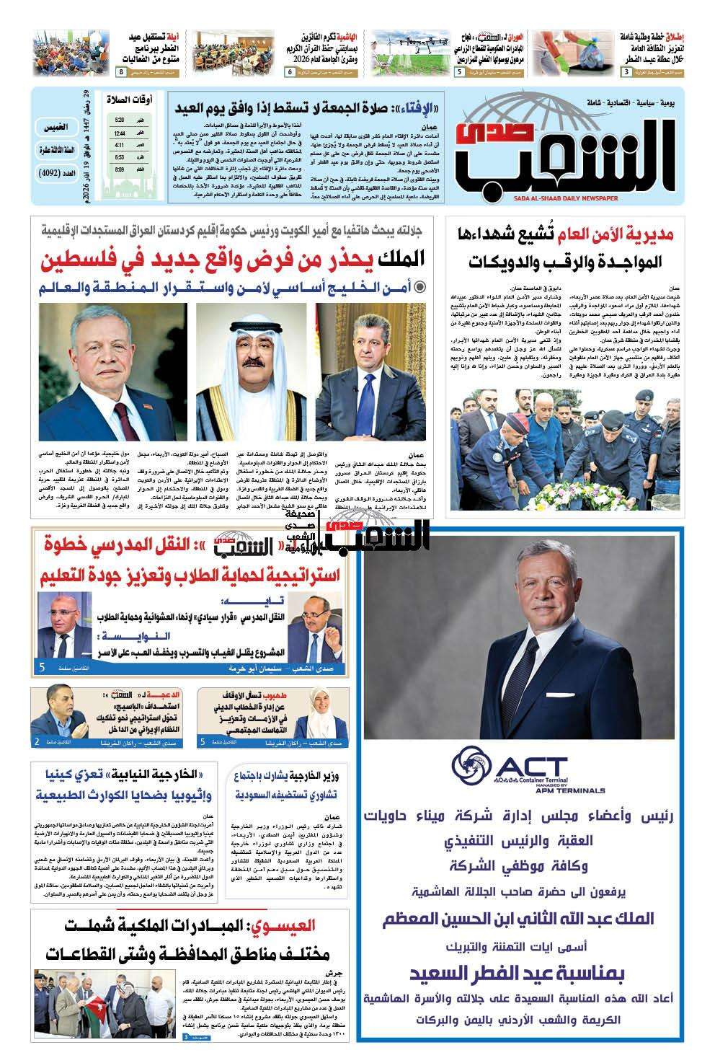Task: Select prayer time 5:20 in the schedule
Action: (120, 120)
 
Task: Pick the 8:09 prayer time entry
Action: (120, 170)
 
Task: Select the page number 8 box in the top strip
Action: (121, 73)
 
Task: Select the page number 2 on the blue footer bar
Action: (37, 741)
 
